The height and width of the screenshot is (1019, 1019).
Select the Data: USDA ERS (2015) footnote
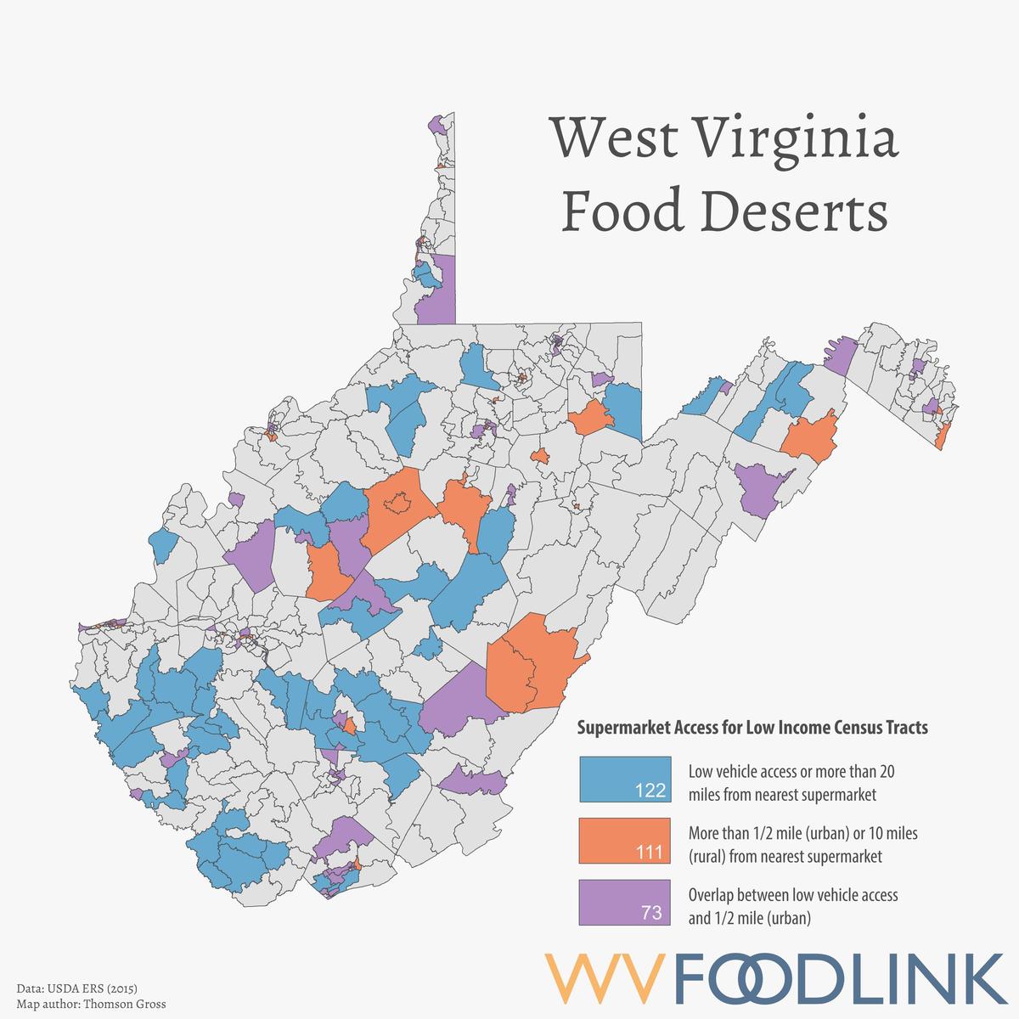coord(76,989)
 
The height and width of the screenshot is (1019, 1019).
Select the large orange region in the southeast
coord(531,662)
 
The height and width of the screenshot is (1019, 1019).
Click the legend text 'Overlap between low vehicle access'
coord(792,895)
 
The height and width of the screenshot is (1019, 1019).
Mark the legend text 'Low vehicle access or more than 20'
coord(791,773)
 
